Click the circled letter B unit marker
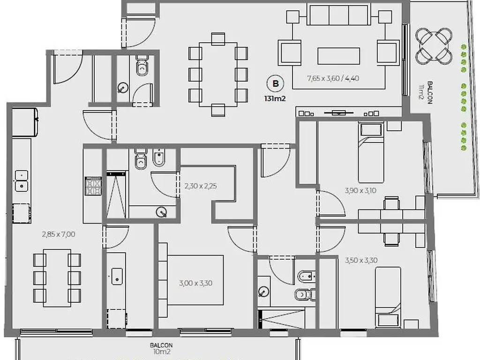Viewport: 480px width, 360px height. (276, 83)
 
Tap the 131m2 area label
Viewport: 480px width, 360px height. (275, 99)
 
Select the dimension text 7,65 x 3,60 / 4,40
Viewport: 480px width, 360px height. (333, 78)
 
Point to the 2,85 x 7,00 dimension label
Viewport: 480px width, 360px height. (59, 234)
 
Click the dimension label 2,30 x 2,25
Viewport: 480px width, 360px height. (201, 186)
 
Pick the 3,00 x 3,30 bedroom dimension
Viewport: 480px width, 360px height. (195, 283)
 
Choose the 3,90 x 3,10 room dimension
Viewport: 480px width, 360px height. (360, 190)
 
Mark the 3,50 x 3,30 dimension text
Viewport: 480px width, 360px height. (361, 261)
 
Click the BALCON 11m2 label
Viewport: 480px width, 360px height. (427, 92)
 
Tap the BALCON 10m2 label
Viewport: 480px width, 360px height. (161, 349)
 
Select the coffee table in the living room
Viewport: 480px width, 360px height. (338, 56)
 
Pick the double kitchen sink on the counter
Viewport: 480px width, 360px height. (22, 181)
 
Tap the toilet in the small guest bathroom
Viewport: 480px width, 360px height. (142, 65)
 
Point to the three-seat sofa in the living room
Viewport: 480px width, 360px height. (338, 15)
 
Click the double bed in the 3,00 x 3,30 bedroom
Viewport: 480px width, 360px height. (192, 280)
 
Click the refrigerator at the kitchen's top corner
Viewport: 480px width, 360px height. (25, 122)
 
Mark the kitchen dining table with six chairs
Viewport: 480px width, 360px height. (57, 278)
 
